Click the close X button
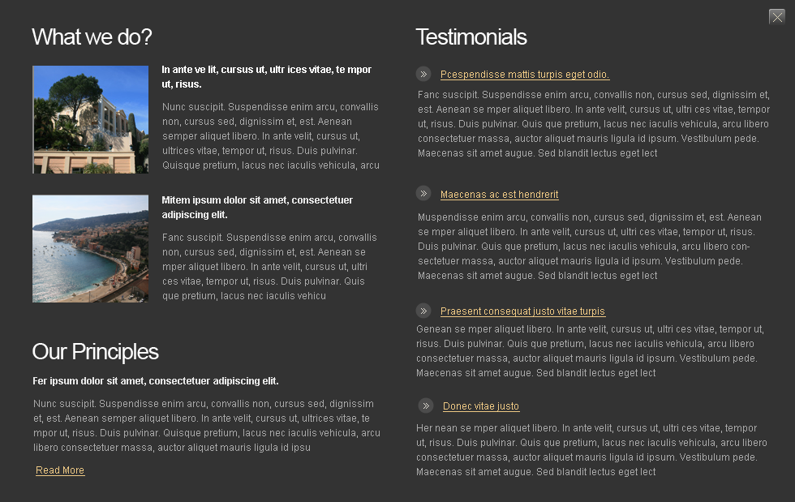[x=776, y=17]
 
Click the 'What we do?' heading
[x=92, y=37]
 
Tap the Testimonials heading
[x=471, y=37]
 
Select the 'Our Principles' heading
[x=95, y=351]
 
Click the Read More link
[x=60, y=470]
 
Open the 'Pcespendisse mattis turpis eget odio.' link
[x=524, y=75]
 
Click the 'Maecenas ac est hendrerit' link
[x=499, y=195]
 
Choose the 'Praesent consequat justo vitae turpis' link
[x=522, y=311]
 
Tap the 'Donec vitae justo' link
[x=481, y=406]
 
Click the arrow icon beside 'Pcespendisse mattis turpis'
[x=423, y=74]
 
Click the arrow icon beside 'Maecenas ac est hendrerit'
[x=423, y=193]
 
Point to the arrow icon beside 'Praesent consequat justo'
[x=423, y=311]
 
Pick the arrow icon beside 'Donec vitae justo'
[x=426, y=405]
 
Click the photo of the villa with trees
[x=90, y=119]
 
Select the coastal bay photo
[x=90, y=248]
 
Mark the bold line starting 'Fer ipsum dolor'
[x=155, y=381]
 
